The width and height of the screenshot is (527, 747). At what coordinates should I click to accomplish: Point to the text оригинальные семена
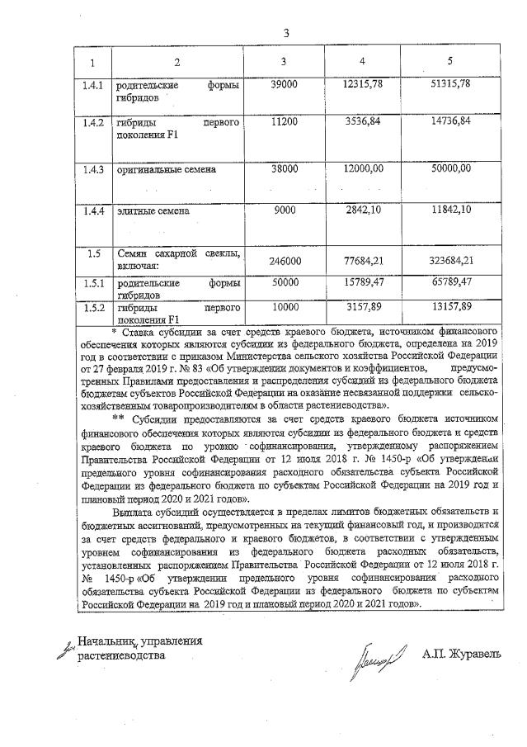[166, 169]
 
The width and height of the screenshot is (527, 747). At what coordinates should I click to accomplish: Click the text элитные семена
[153, 210]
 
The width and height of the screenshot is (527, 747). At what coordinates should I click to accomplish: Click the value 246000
[284, 261]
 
